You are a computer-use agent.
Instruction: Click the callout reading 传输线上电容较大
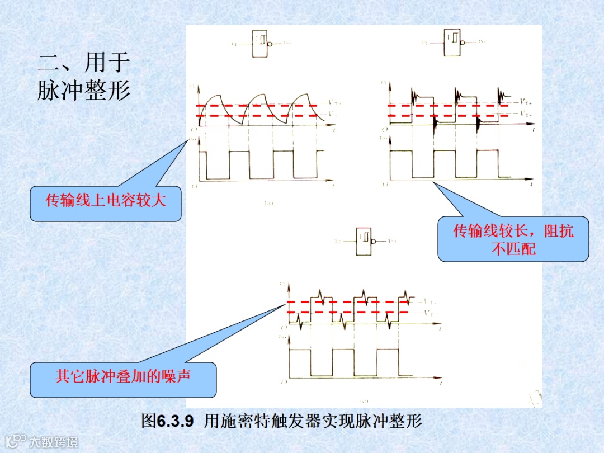(x=106, y=201)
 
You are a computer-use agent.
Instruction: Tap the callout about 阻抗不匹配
(x=513, y=239)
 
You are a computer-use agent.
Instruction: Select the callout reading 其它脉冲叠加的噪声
(x=123, y=376)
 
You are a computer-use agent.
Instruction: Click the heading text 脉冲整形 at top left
(x=84, y=89)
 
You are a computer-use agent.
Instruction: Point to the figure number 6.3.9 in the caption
(x=175, y=421)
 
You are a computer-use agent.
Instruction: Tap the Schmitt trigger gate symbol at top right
(x=452, y=42)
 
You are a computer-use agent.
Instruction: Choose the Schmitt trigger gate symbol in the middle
(x=365, y=242)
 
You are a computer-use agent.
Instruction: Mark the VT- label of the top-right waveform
(x=525, y=113)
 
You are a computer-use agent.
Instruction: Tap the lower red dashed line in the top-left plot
(x=257, y=116)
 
